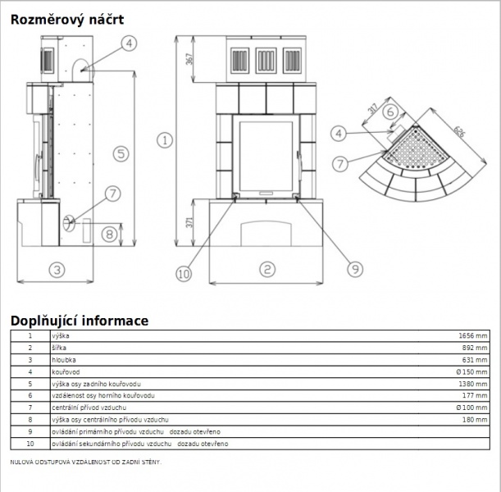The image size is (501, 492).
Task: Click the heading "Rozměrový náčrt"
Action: [x=67, y=20]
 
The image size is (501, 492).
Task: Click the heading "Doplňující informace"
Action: [x=80, y=321]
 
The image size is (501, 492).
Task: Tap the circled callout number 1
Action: [x=165, y=140]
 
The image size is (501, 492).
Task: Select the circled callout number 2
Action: [x=267, y=269]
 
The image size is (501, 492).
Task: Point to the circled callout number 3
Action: [x=57, y=270]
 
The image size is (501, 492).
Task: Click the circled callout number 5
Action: [x=121, y=154]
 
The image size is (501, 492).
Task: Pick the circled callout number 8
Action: [x=110, y=235]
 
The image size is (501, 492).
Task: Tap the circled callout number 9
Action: [x=355, y=269]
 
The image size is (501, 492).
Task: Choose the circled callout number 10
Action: [x=184, y=274]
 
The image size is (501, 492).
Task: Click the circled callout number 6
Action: [x=390, y=112]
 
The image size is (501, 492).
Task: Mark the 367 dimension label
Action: [x=189, y=59]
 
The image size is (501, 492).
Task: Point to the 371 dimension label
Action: [x=189, y=222]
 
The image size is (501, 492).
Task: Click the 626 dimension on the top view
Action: [x=459, y=132]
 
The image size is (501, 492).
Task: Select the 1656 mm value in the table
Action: [x=473, y=335]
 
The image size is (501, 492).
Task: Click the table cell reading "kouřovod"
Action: [x=66, y=372]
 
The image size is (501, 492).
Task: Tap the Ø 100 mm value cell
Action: [x=471, y=408]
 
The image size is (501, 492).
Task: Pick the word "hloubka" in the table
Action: [x=64, y=360]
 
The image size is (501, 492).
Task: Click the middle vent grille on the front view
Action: [x=266, y=61]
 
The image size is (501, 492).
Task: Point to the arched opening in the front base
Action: [x=266, y=233]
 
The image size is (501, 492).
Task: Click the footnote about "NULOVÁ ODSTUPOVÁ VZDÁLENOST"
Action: [x=86, y=462]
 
